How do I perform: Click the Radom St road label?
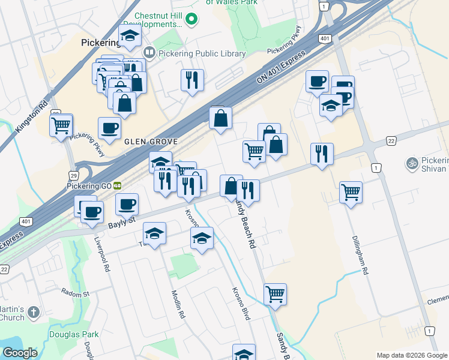[75, 293]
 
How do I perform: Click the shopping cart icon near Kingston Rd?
[61, 125]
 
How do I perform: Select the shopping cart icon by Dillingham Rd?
[351, 192]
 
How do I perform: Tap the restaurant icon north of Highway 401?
[192, 80]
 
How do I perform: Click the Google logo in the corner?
[20, 353]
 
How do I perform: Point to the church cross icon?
[33, 312]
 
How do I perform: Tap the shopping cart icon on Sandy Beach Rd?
[275, 294]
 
